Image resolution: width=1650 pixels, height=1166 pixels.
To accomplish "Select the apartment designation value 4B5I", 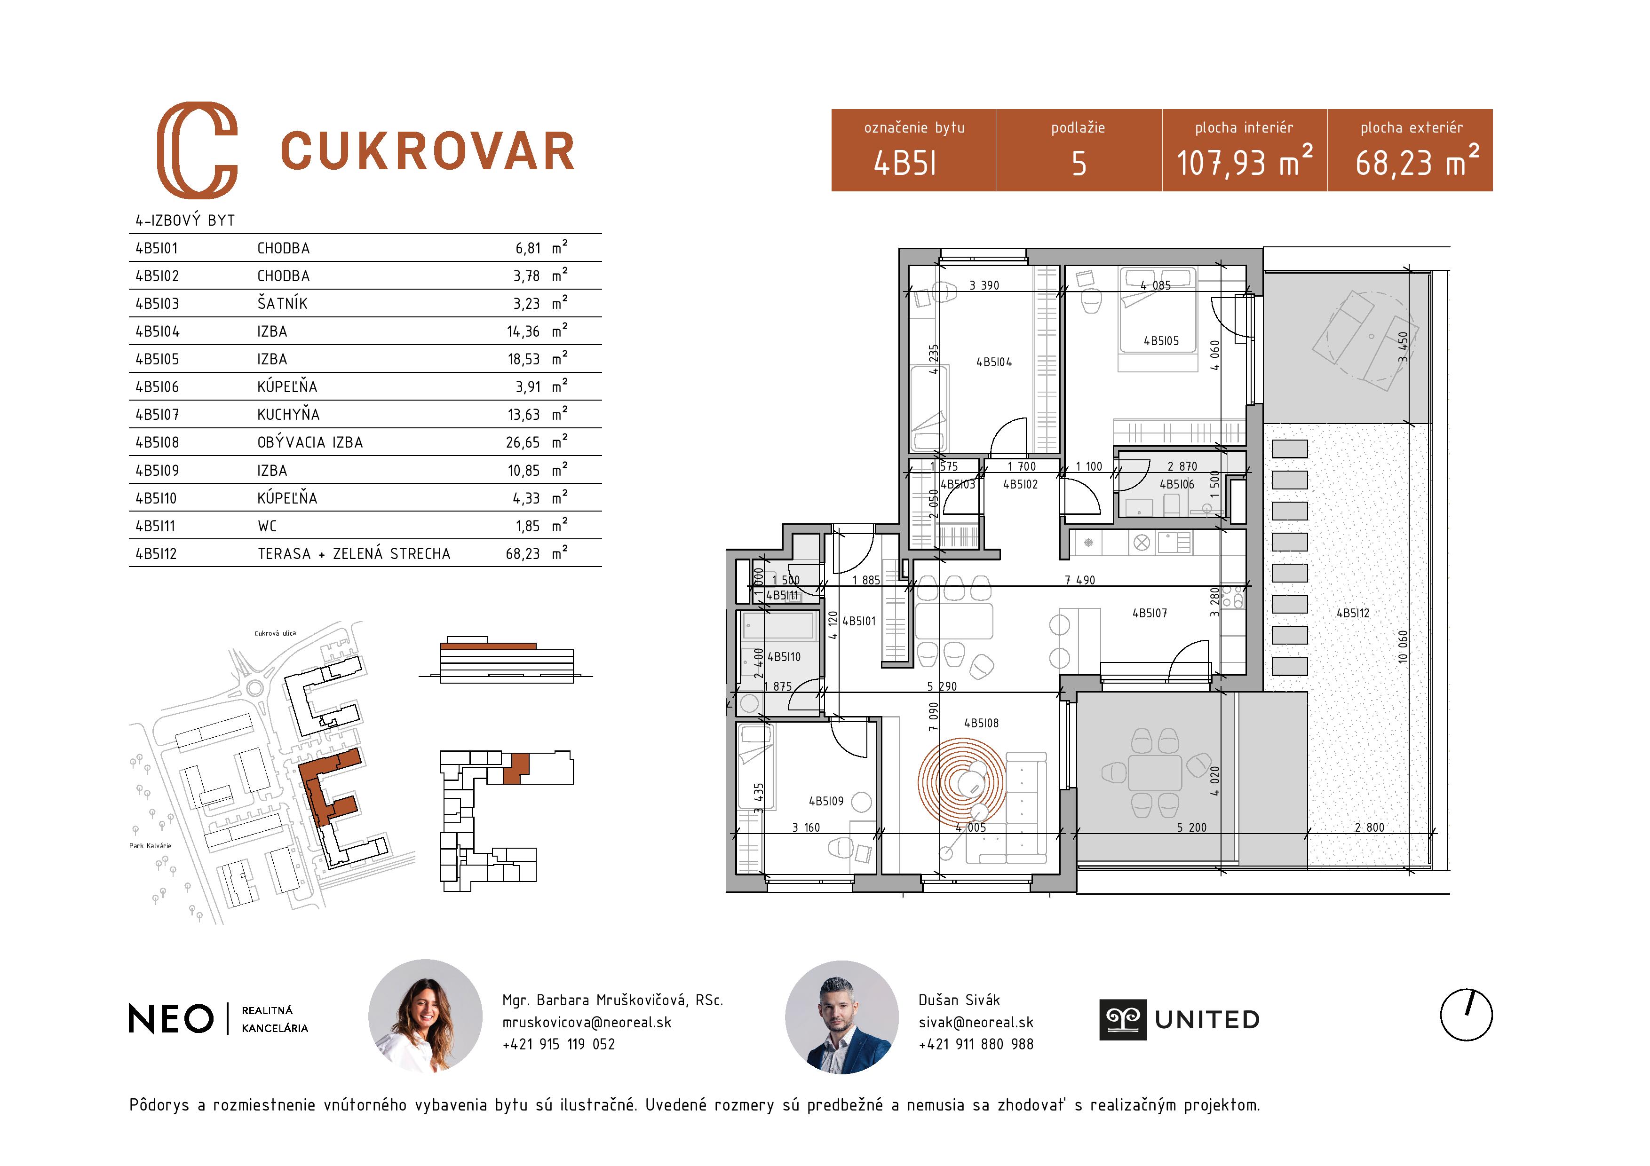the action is [x=905, y=164].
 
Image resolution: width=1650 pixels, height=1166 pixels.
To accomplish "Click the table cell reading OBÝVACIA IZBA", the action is [x=310, y=442].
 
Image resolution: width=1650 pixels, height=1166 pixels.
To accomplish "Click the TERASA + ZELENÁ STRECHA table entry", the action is [x=354, y=554].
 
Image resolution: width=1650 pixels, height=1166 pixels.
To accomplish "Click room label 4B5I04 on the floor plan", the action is [x=994, y=362].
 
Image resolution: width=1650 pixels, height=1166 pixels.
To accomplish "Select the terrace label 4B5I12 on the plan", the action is [x=1352, y=613].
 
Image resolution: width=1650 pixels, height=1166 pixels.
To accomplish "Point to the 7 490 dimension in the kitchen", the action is [x=1080, y=580].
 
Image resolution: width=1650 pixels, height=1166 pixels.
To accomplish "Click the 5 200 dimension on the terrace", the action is [x=1191, y=827].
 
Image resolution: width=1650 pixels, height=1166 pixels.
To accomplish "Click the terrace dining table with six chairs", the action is [x=1155, y=773].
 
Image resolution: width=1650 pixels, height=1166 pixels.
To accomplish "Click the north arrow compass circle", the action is [x=1466, y=1015].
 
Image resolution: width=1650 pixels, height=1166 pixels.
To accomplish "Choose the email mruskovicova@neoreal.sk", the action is [x=587, y=1022].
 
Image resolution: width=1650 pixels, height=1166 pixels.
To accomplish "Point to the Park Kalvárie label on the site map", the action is [x=150, y=845].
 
